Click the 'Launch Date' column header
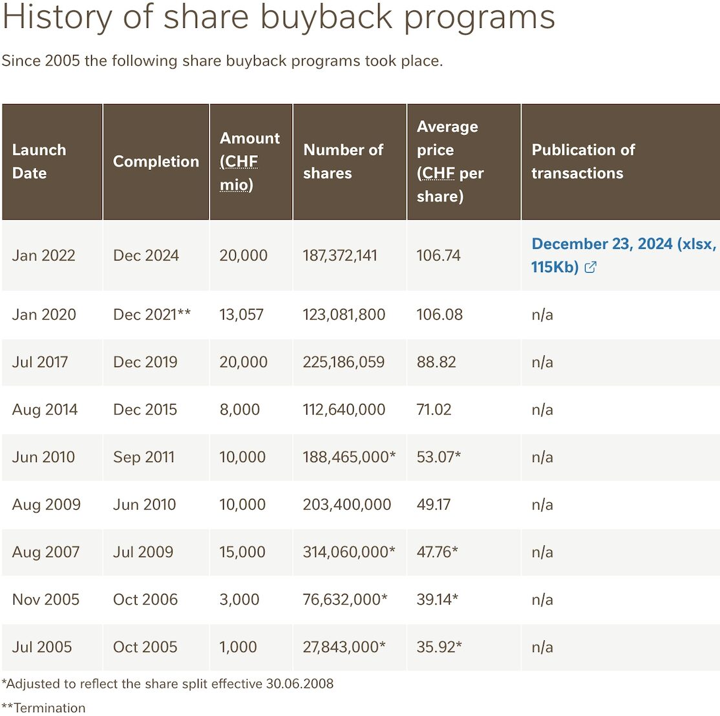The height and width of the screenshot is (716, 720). (x=39, y=162)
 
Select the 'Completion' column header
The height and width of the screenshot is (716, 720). (x=156, y=162)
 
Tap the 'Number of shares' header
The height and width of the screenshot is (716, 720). (x=343, y=162)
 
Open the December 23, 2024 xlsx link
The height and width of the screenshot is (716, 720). (x=623, y=255)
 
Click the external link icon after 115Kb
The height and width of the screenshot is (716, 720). (x=590, y=267)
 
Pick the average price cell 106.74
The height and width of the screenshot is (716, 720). (x=438, y=255)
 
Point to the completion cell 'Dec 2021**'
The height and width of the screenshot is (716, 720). (x=151, y=315)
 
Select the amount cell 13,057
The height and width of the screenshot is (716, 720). (x=242, y=315)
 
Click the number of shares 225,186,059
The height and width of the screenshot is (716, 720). (x=343, y=362)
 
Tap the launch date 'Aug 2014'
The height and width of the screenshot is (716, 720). (x=45, y=410)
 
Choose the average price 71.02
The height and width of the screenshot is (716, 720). (x=434, y=410)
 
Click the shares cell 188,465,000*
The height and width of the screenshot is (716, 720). (x=349, y=457)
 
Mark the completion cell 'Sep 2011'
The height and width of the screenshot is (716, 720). (x=143, y=457)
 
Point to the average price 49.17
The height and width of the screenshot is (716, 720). (x=434, y=505)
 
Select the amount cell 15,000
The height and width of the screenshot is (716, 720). (x=242, y=552)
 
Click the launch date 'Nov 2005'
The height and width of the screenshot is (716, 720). (x=45, y=600)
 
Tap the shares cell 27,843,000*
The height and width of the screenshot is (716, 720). (x=344, y=647)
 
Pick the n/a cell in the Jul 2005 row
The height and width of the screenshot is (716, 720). (x=542, y=647)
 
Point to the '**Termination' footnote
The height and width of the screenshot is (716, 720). (x=43, y=708)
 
